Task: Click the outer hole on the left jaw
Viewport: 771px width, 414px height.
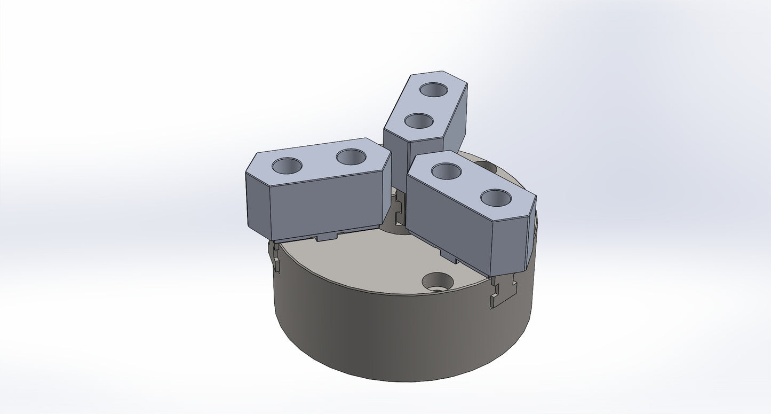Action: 287,165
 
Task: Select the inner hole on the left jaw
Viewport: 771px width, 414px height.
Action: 351,157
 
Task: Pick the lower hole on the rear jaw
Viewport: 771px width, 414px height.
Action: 418,120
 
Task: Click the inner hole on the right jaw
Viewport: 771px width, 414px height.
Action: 446,171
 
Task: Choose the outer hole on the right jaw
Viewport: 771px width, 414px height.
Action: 496,197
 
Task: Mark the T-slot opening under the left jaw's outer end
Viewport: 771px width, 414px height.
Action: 275,255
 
